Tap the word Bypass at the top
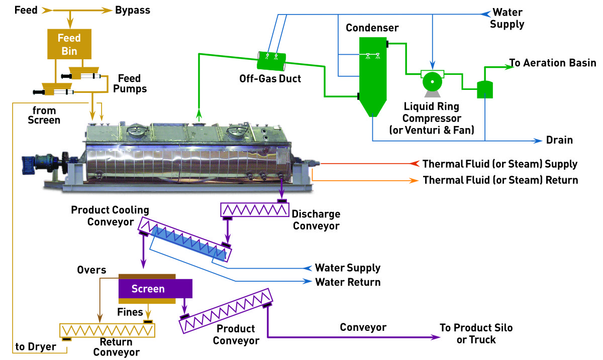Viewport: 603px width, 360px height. click(x=133, y=10)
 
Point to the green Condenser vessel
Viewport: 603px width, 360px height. click(x=372, y=75)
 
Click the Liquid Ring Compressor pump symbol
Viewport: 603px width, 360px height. click(x=431, y=81)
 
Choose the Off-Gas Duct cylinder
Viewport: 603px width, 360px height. click(x=271, y=61)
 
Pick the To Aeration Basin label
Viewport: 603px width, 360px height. click(x=553, y=63)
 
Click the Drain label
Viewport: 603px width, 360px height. click(x=559, y=140)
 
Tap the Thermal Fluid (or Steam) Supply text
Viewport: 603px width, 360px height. click(x=500, y=164)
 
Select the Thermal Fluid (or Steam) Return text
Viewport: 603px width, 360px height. click(x=500, y=180)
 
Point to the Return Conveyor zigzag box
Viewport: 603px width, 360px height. click(x=108, y=330)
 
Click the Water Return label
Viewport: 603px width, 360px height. click(x=348, y=282)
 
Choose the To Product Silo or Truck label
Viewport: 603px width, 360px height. click(x=476, y=334)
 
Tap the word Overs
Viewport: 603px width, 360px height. click(x=91, y=270)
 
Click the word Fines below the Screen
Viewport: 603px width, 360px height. click(x=130, y=312)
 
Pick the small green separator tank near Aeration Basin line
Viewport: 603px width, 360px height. click(x=484, y=89)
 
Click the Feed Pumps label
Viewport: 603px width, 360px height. click(x=132, y=83)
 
